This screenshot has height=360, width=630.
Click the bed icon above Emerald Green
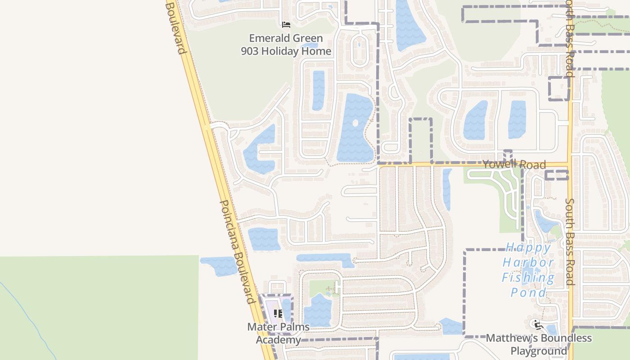point(286,24)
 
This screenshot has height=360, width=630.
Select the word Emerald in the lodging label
point(270,39)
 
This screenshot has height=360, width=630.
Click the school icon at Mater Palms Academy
point(278,313)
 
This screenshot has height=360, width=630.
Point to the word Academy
point(278,339)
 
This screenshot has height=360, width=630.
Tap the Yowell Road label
point(514,164)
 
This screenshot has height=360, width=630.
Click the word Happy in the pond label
point(528,247)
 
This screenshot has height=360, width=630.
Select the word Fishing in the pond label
point(528,278)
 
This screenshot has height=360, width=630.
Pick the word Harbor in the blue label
point(528,262)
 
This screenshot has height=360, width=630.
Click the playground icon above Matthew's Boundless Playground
point(537,324)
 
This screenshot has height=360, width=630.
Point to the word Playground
point(539,351)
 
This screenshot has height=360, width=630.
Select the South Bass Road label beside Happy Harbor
point(570,242)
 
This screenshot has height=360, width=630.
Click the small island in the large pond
point(355,123)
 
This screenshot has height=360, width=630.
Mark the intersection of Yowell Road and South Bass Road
point(570,164)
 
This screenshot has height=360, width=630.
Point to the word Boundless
point(566,338)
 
